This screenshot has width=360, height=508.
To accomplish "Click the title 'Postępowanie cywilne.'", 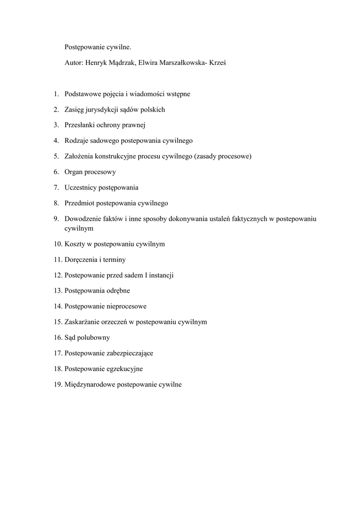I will (x=98, y=47).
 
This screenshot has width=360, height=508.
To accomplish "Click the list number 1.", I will (x=57, y=94).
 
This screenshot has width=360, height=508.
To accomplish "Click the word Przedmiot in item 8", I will (x=79, y=203).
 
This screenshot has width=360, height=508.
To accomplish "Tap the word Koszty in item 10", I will (x=74, y=244).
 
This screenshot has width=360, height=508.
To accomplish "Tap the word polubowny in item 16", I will (x=94, y=337).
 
